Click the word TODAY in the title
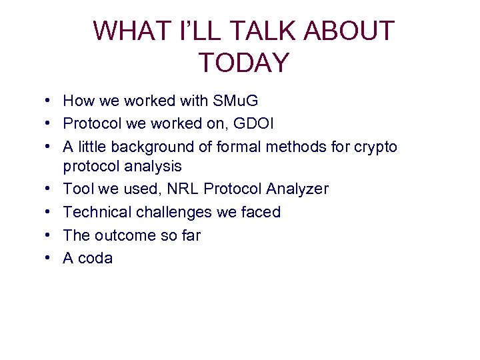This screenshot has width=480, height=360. [244, 63]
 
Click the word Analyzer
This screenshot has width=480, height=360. [297, 189]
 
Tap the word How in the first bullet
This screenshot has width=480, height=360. [77, 101]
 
